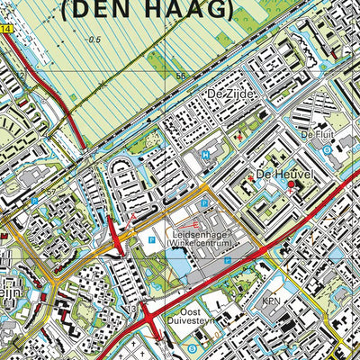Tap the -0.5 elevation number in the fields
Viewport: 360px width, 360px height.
point(94,40)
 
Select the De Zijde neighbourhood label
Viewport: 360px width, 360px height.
point(225,94)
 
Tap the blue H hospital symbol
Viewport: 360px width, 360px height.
point(205,154)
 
